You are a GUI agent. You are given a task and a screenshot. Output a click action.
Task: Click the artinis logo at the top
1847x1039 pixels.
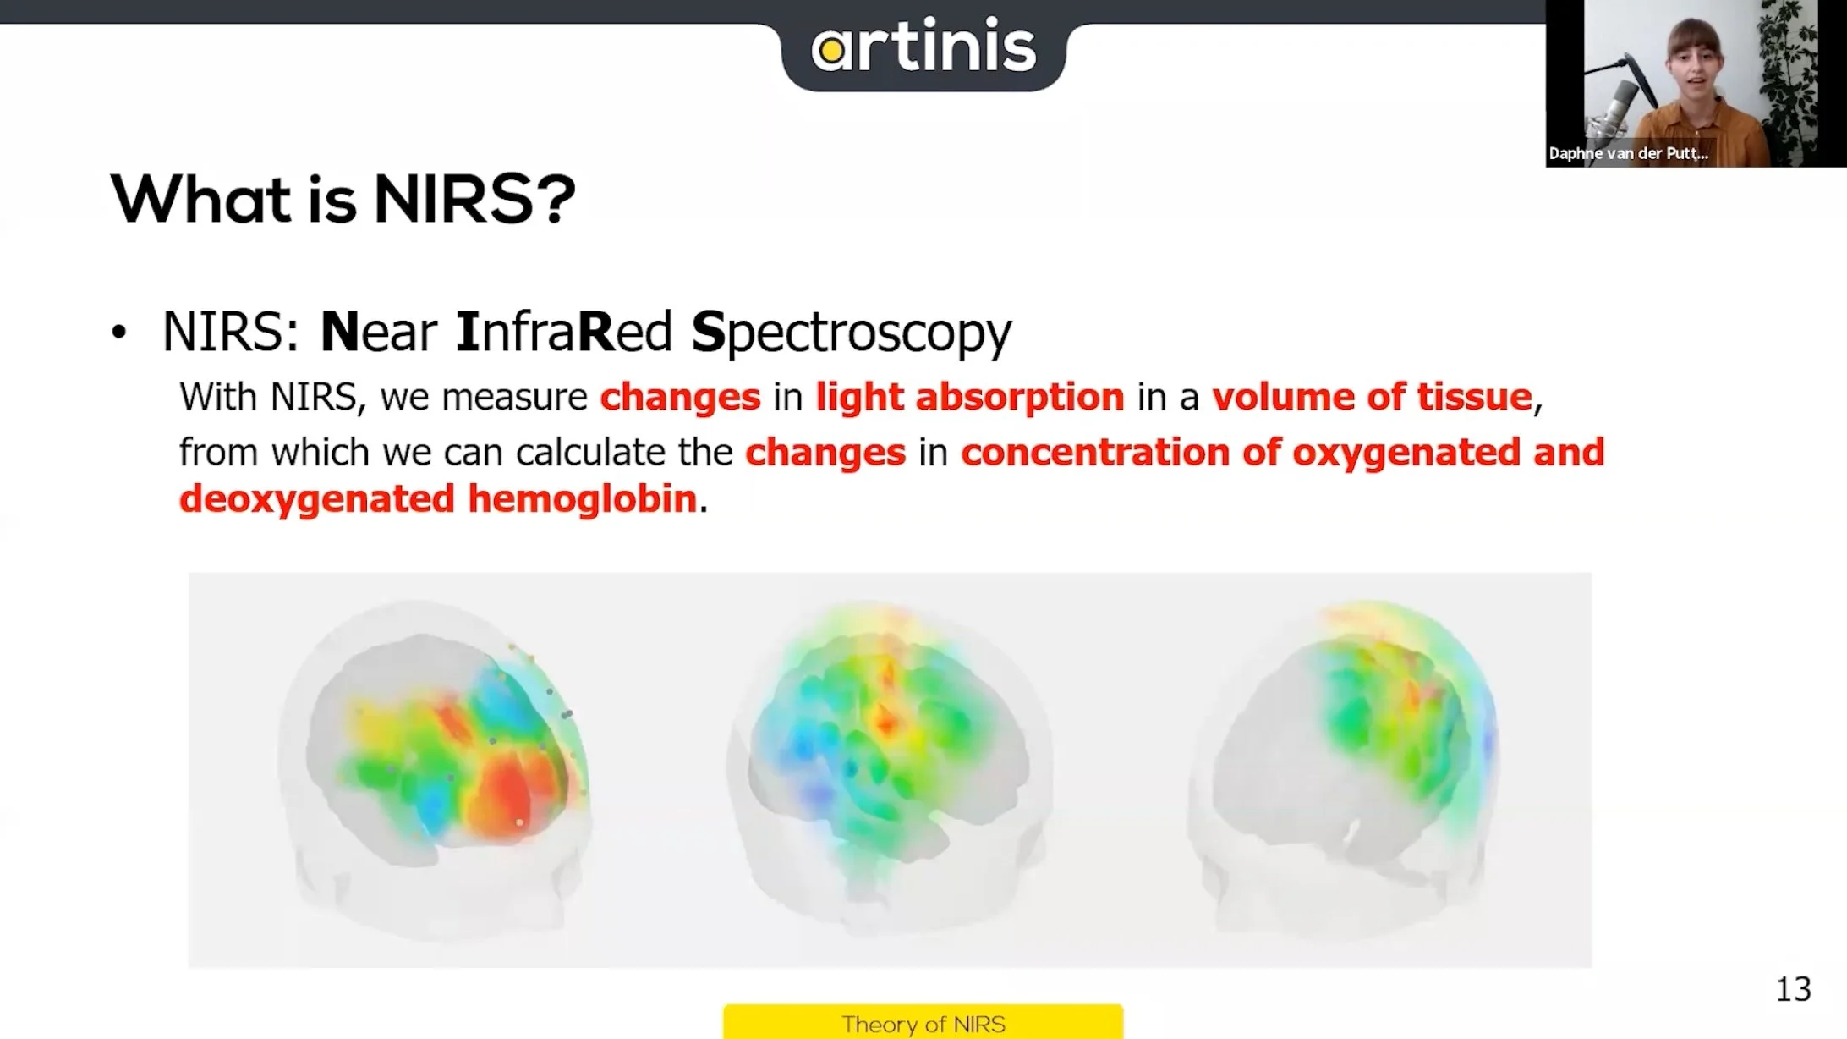923,47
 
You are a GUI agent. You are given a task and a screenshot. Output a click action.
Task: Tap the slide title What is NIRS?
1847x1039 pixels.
343,200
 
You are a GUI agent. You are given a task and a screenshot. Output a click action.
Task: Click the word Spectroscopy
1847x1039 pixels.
851,333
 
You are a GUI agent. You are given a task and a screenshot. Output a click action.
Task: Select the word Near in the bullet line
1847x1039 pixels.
378,331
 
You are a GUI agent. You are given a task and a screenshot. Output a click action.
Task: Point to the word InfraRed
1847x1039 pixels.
564,331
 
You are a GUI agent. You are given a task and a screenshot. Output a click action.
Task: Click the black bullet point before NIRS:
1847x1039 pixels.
119,333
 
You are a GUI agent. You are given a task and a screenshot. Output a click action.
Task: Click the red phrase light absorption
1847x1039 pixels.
969,397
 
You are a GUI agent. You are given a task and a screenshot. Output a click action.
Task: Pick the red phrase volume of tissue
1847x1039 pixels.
1372,397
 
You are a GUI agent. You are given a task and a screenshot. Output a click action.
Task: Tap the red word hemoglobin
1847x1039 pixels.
582,498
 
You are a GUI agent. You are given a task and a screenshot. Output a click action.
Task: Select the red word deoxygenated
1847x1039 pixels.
316,498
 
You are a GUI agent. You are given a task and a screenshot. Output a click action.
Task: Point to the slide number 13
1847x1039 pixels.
1792,988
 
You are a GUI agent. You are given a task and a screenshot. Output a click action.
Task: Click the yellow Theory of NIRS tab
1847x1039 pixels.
923,1023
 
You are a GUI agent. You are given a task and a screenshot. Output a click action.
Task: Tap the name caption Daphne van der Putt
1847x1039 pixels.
1627,153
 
